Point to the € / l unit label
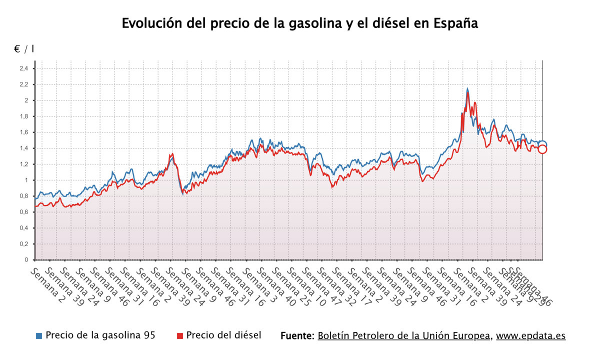[24, 49]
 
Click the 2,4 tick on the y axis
[23, 68]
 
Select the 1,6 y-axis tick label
[23, 132]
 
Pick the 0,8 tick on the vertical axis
[23, 196]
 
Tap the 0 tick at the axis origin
[26, 260]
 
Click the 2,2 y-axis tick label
[23, 84]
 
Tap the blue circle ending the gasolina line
[542, 144]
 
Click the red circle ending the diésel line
[542, 149]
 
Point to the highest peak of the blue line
[467, 89]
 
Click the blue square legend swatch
[39, 335]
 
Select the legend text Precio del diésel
[223, 335]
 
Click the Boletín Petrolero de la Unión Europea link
[404, 335]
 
